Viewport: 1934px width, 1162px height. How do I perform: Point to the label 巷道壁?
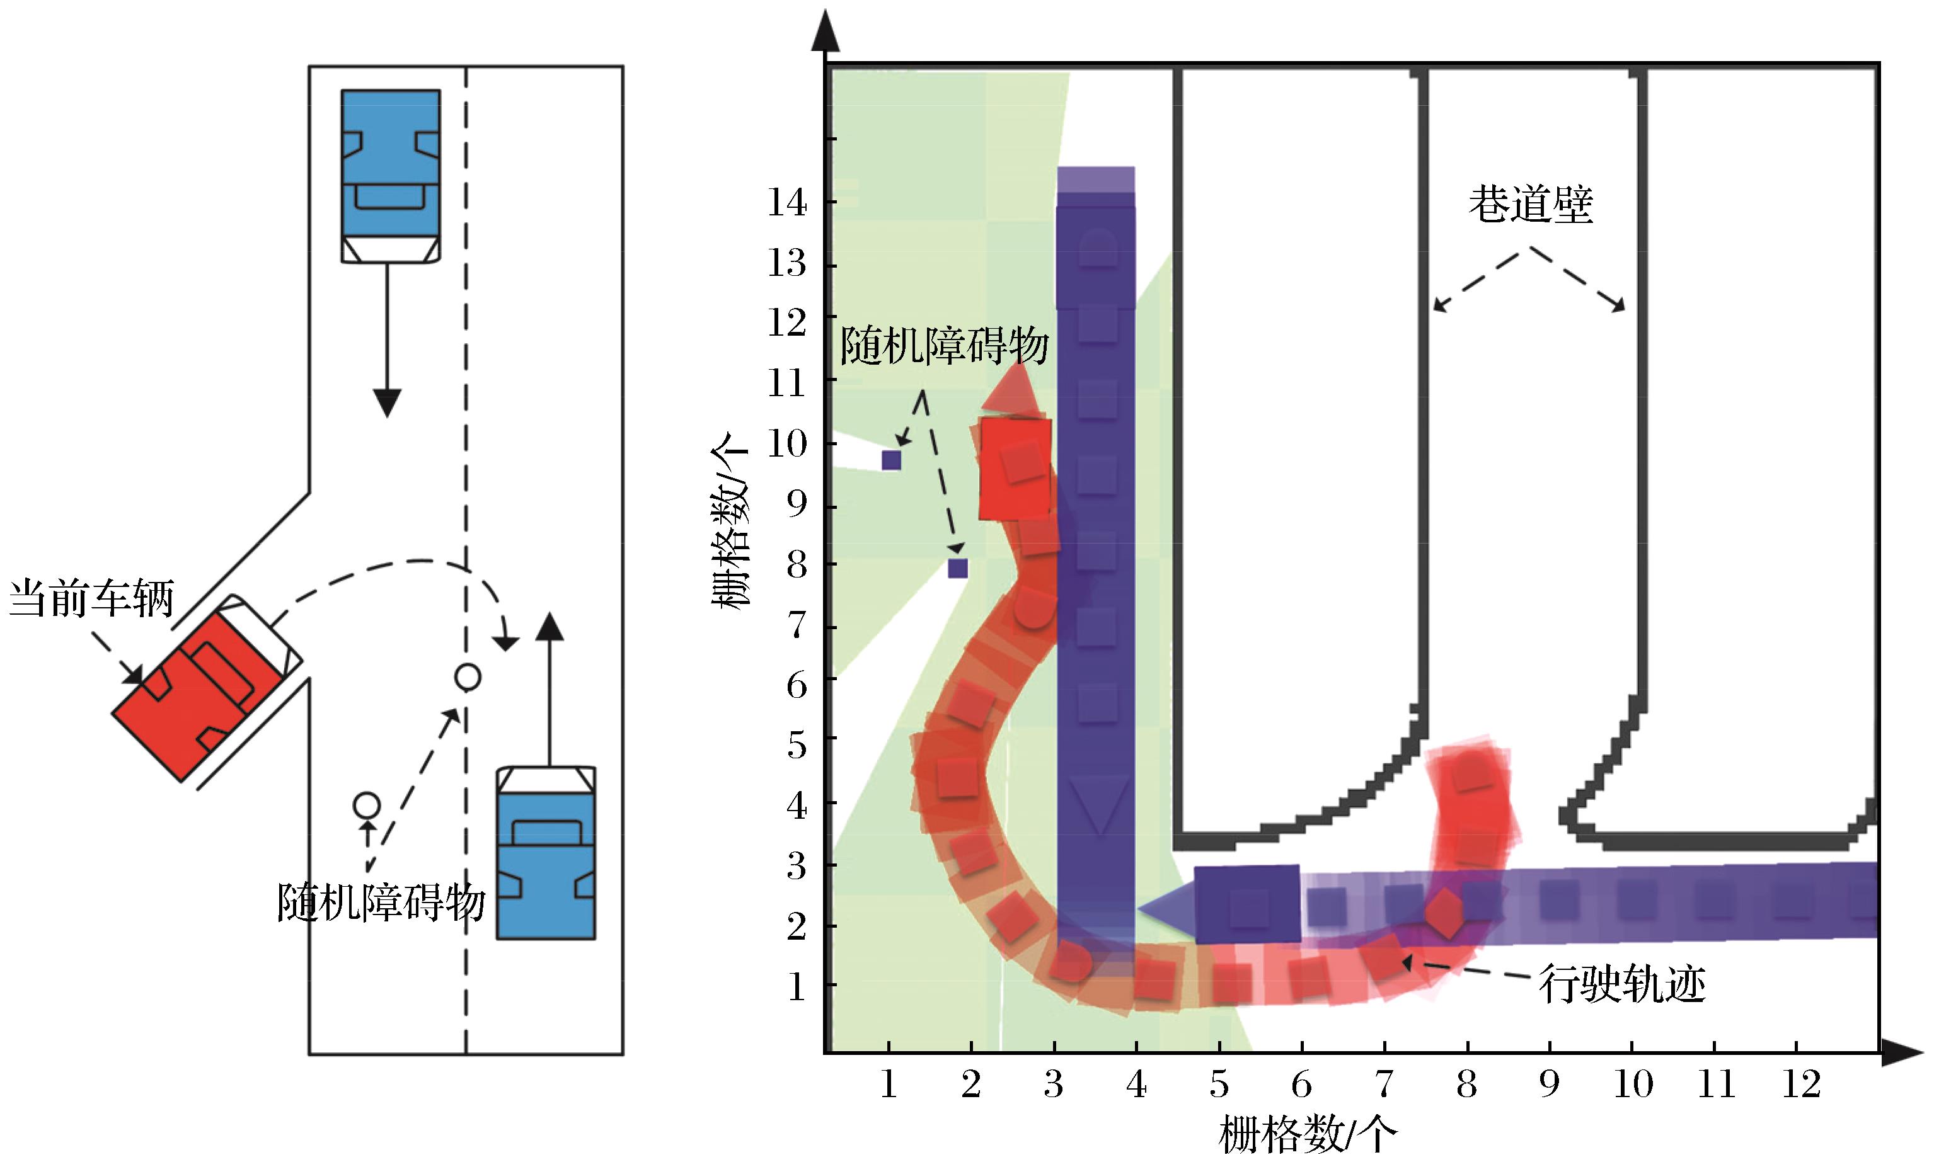[1530, 205]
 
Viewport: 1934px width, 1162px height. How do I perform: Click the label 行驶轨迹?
[1622, 985]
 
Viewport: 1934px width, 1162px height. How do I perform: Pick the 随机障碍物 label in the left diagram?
[381, 903]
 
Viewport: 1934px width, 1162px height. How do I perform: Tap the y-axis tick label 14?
[786, 203]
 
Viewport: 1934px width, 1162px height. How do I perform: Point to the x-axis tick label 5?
[1219, 1085]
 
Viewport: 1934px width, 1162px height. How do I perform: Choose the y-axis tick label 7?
[796, 625]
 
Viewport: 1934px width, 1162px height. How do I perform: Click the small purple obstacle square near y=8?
[957, 567]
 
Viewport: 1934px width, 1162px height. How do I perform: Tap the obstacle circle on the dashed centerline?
[468, 676]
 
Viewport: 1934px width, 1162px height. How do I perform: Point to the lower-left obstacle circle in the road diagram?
[367, 804]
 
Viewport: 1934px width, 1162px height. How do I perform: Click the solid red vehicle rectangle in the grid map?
[1015, 468]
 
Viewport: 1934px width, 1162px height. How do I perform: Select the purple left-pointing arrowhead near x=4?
[1166, 908]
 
